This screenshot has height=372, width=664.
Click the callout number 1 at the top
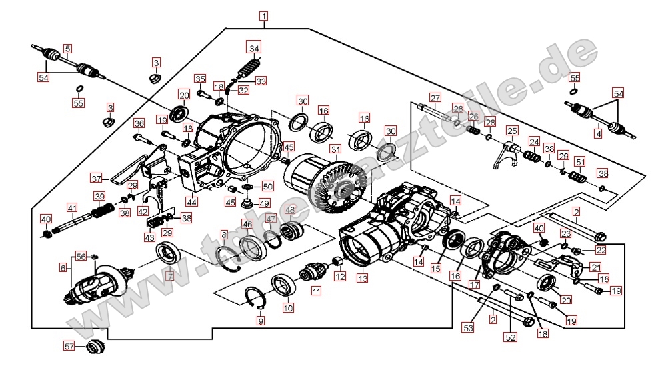pos(265,16)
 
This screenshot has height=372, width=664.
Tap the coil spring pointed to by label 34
pos(249,68)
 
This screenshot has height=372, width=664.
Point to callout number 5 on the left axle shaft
pos(67,49)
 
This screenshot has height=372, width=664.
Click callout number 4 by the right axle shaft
pos(598,135)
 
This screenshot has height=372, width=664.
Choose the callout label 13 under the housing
pos(362,278)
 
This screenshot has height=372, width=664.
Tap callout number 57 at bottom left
pos(69,347)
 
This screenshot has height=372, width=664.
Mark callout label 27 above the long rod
pos(435,99)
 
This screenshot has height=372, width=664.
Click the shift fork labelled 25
pos(511,149)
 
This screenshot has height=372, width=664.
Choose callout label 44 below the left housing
pos(192,201)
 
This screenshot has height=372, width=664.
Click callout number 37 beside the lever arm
pos(97,178)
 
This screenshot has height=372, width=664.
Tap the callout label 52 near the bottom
pos(511,337)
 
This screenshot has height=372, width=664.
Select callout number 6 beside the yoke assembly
pos(63,268)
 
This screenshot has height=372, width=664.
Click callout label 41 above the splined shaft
pos(71,207)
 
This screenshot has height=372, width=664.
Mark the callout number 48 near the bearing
pos(289,210)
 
